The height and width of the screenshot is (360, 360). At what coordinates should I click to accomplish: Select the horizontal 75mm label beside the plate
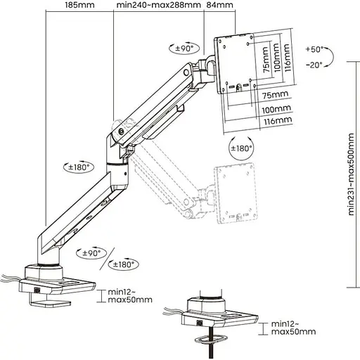click(x=276, y=94)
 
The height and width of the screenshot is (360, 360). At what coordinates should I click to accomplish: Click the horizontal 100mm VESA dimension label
click(x=276, y=110)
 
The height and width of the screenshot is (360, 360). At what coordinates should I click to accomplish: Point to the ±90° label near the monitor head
click(x=184, y=48)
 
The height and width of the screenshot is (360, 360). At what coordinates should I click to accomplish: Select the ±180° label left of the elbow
click(x=79, y=167)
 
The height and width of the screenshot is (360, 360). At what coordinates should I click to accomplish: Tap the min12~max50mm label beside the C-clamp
click(x=129, y=295)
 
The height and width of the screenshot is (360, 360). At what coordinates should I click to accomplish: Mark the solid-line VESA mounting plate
click(x=241, y=61)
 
